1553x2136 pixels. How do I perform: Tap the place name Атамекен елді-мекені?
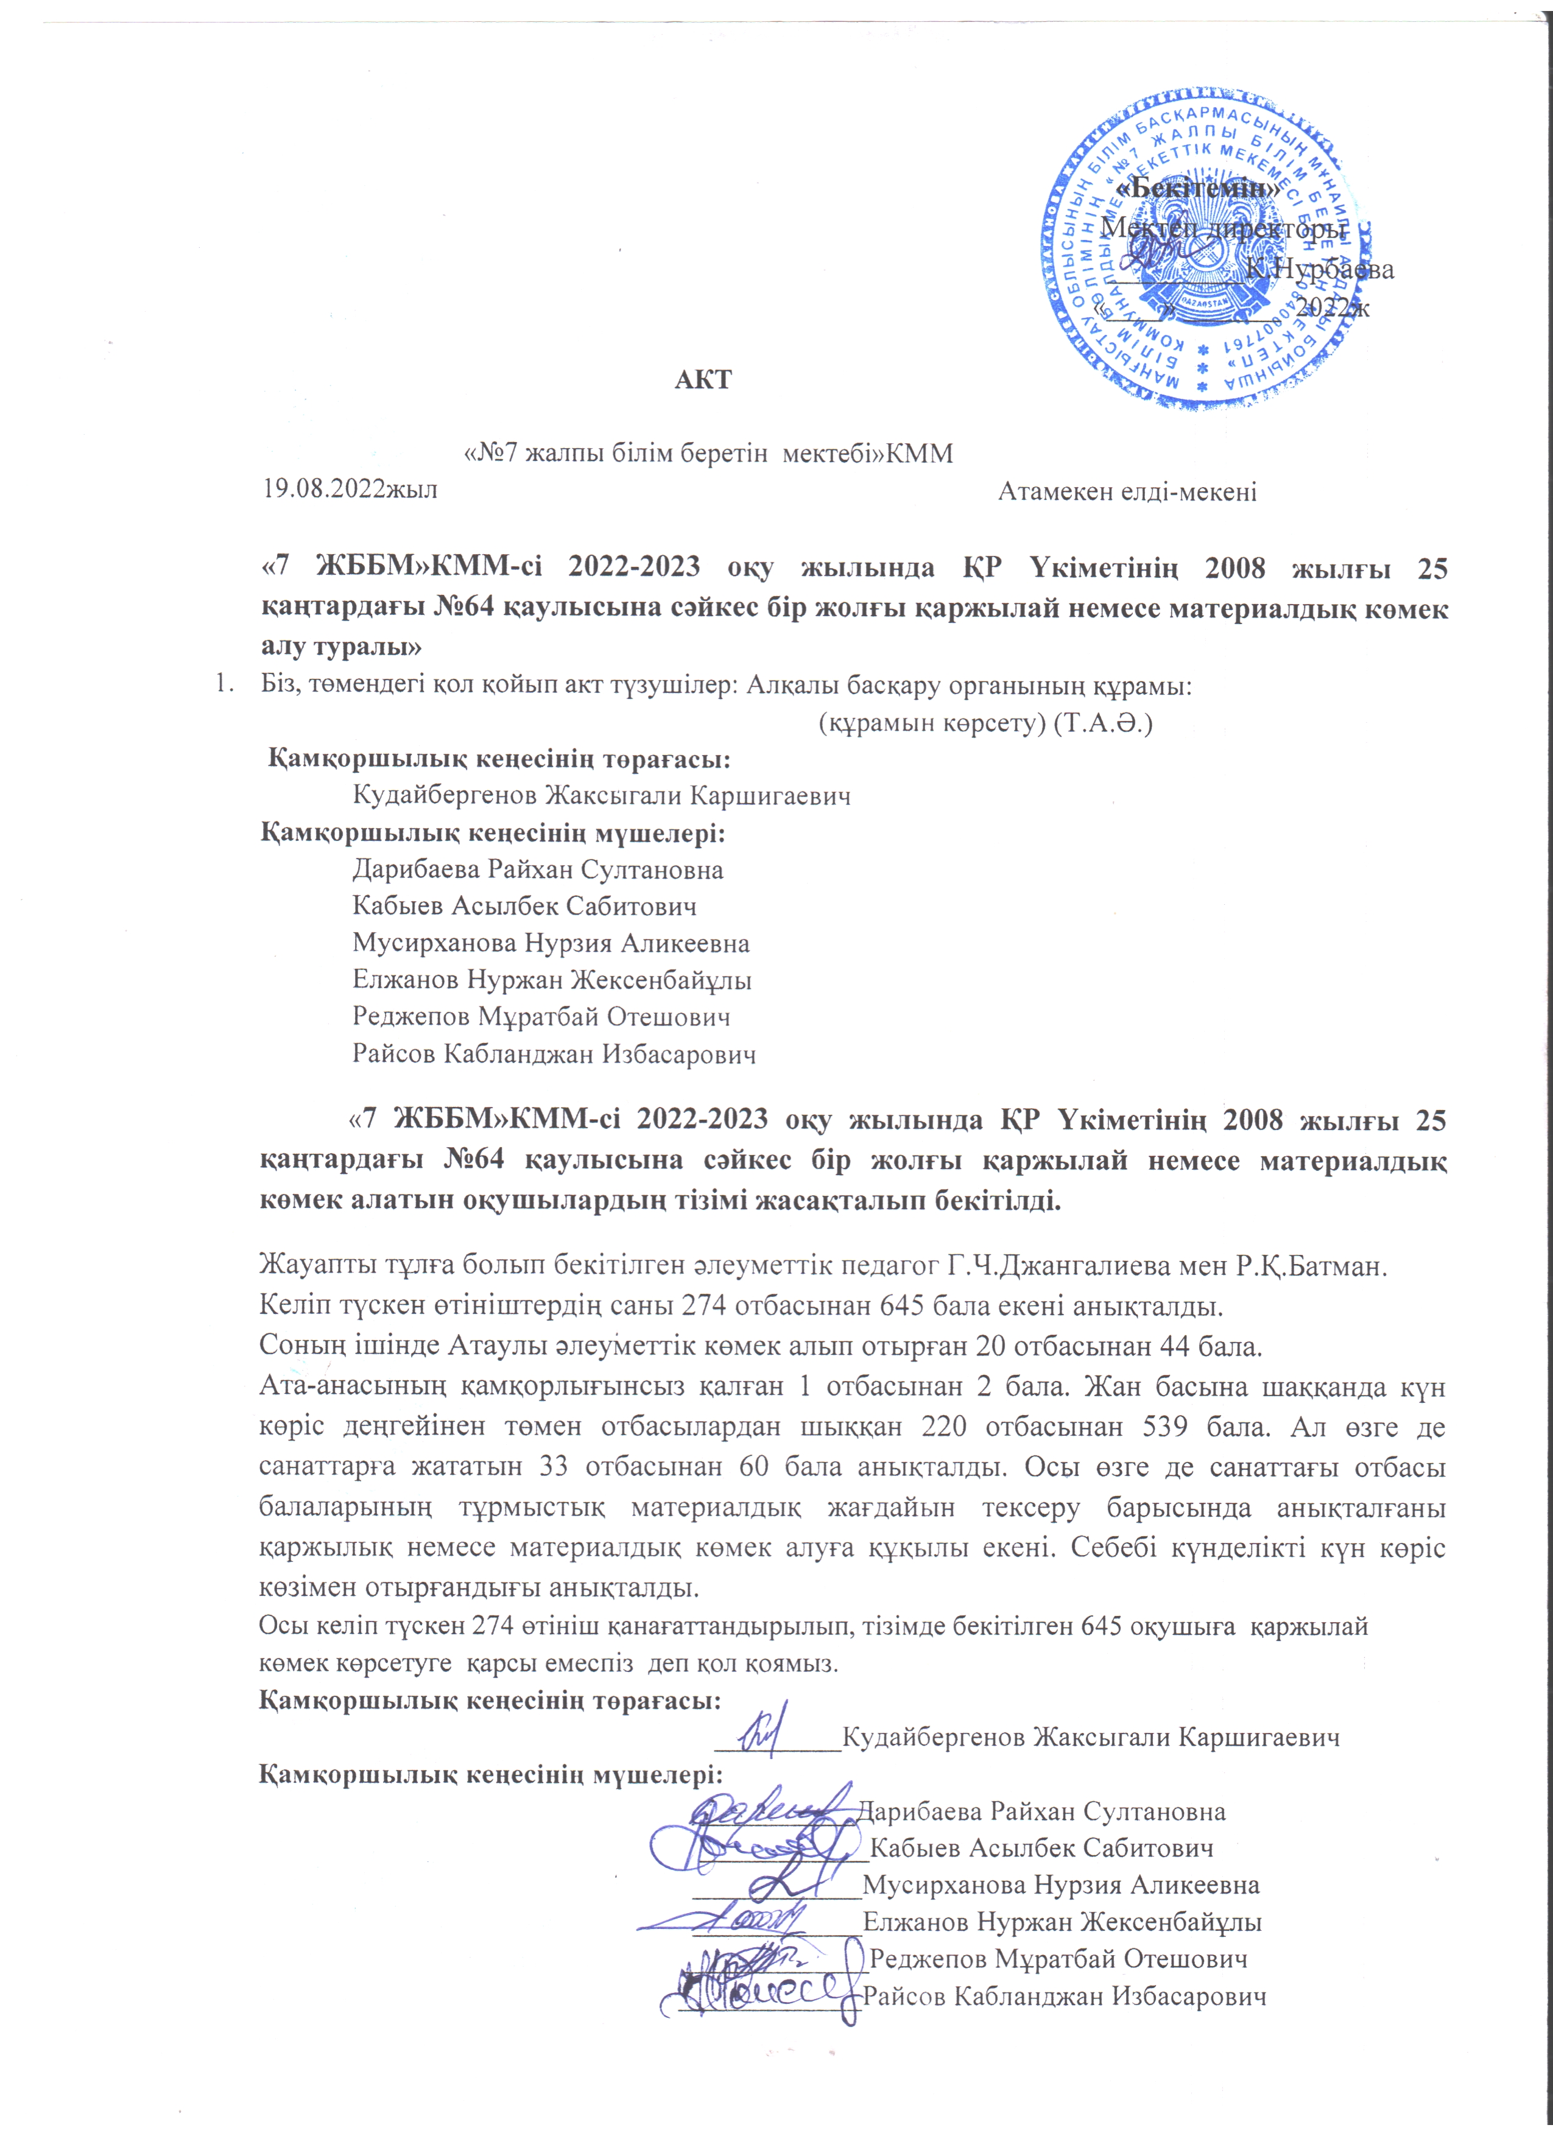point(1127,491)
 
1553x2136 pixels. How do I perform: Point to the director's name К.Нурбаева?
point(1319,269)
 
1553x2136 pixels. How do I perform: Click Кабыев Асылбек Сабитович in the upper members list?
point(524,906)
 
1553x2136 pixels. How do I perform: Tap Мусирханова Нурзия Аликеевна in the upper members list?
point(551,943)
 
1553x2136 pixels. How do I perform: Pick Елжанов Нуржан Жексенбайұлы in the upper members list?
point(552,980)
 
